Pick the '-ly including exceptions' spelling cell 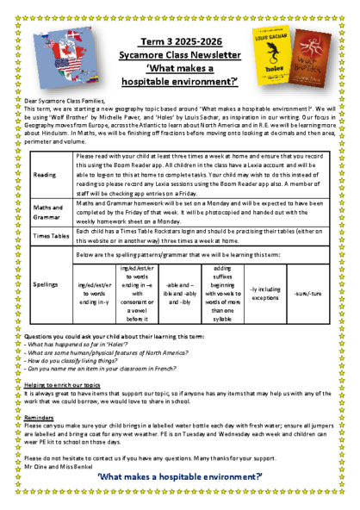264,294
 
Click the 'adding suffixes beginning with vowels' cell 222,294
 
